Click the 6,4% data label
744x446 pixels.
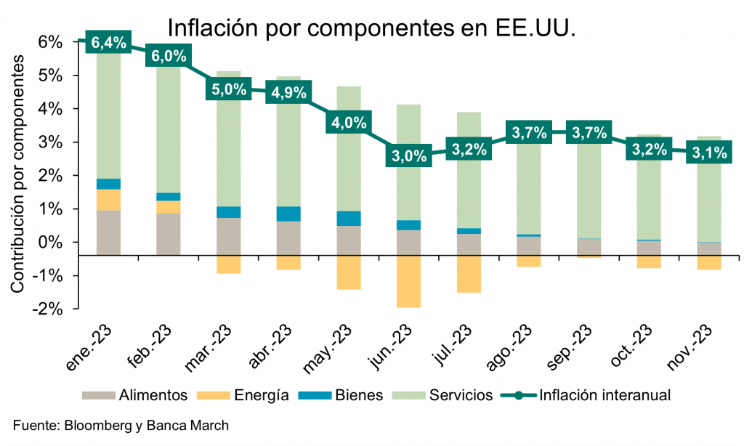coord(108,43)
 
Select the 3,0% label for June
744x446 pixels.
coord(409,157)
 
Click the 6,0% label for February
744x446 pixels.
coord(169,56)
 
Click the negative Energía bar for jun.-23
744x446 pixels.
coord(409,281)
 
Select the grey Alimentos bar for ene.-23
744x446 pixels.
coord(108,232)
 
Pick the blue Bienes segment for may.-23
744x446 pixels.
coord(349,219)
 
